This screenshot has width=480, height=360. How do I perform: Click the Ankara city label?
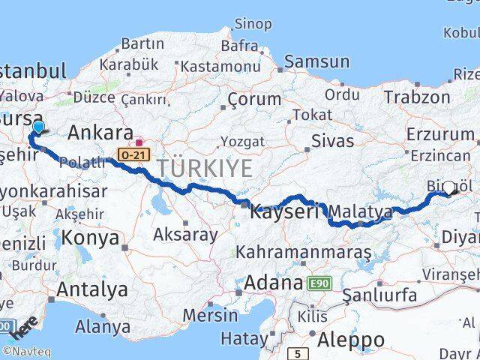click(100, 133)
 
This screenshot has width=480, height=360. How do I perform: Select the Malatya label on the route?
click(361, 212)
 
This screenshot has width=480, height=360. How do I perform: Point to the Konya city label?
click(91, 238)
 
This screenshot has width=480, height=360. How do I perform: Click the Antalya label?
click(93, 289)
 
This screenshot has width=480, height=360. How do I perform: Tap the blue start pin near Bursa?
click(38, 128)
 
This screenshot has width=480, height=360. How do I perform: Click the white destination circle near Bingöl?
click(449, 187)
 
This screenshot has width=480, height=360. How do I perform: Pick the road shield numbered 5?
click(298, 352)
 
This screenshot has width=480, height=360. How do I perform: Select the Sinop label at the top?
click(253, 25)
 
